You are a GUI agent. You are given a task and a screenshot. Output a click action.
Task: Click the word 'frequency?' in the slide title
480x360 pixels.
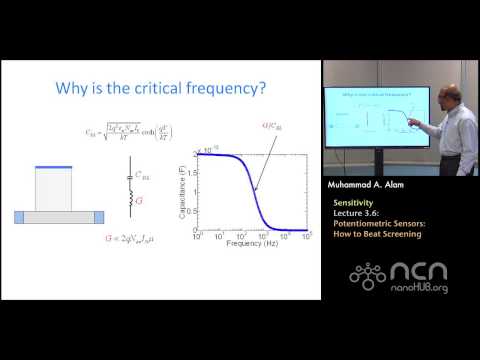233,88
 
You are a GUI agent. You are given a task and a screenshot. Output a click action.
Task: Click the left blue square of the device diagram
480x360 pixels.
19,215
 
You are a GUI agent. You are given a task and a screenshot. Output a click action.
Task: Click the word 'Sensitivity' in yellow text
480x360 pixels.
352,201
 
